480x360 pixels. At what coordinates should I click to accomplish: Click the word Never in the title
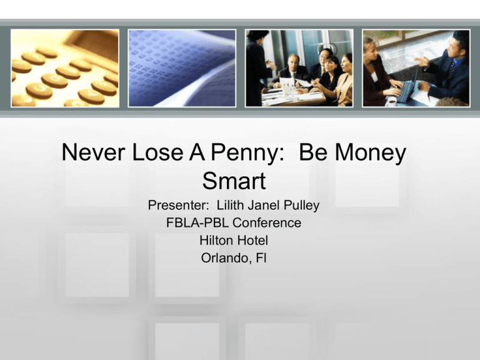pos(93,152)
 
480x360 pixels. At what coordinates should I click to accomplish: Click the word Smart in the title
pos(234,181)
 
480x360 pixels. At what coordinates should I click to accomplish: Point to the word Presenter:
pos(178,205)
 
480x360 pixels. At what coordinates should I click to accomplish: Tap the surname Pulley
pos(301,206)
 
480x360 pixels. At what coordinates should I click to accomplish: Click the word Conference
pos(267,222)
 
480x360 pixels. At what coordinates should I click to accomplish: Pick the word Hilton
pos(214,240)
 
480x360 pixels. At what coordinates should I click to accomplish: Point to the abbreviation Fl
pos(261,258)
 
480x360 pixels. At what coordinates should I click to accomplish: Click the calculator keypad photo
pos(65,68)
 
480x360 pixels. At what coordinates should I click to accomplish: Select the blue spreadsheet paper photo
pos(182,68)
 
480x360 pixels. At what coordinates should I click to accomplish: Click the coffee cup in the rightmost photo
pos(391,101)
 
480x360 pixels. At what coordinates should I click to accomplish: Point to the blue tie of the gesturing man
pos(453,67)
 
